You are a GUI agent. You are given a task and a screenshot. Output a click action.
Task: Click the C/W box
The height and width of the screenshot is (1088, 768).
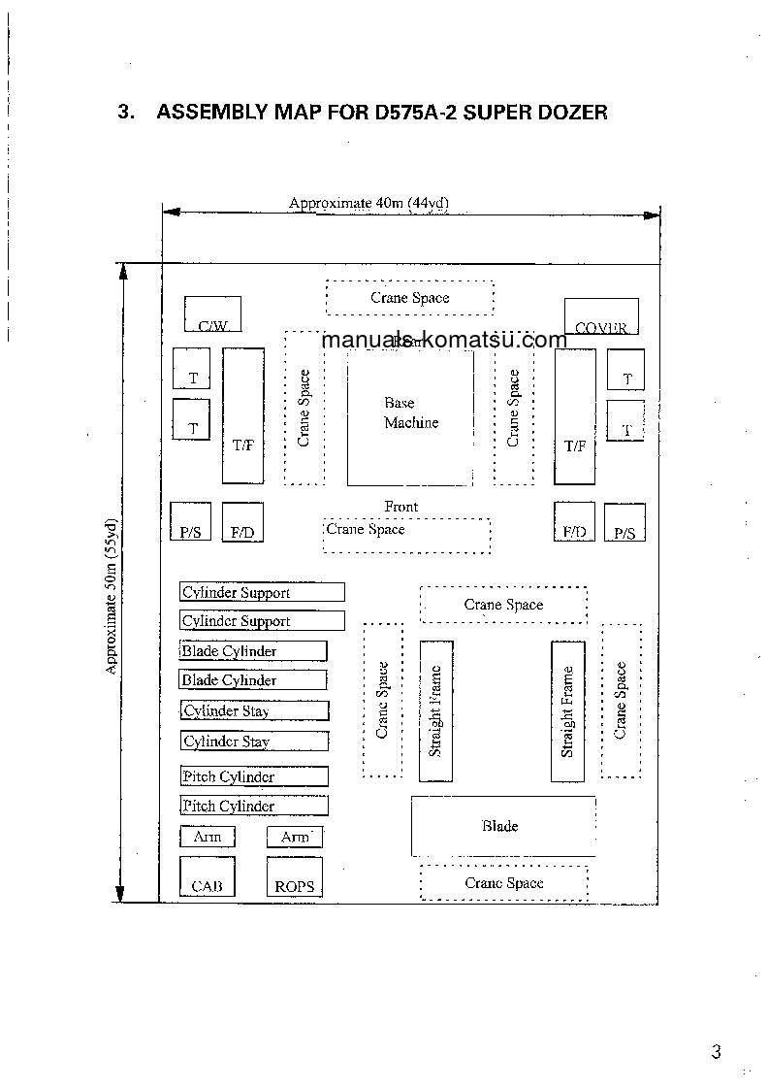(x=212, y=314)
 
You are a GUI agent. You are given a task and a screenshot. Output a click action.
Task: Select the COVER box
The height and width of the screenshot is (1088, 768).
(x=601, y=316)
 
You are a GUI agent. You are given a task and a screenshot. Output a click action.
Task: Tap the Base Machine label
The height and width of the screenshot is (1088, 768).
(x=410, y=412)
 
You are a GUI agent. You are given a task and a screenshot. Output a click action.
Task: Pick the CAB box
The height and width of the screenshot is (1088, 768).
(x=207, y=876)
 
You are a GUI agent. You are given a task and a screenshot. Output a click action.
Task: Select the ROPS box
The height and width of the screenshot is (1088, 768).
(x=294, y=876)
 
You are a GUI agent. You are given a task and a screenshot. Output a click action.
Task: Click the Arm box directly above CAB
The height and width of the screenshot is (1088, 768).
(x=207, y=837)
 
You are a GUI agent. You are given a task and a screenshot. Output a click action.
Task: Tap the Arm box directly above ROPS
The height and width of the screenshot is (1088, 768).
(x=294, y=837)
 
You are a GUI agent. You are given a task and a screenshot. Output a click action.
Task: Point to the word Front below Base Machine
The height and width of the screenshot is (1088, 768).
(x=400, y=507)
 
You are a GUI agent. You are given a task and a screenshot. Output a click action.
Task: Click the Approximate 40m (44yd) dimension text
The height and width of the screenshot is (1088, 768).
(x=368, y=203)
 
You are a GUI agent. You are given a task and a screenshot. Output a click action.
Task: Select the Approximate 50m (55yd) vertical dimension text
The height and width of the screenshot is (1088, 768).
(x=112, y=597)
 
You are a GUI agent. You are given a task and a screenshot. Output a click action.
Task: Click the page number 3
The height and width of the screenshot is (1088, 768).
(x=716, y=1052)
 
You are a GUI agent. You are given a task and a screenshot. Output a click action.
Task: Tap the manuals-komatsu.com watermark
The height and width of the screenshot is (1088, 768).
(x=443, y=340)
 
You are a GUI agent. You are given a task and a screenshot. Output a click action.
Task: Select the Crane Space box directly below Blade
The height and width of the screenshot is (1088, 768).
(x=503, y=883)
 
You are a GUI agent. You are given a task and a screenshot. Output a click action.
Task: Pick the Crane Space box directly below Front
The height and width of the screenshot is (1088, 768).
(x=406, y=535)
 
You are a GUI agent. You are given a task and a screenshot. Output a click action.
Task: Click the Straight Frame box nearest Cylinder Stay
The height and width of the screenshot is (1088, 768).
(x=435, y=711)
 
